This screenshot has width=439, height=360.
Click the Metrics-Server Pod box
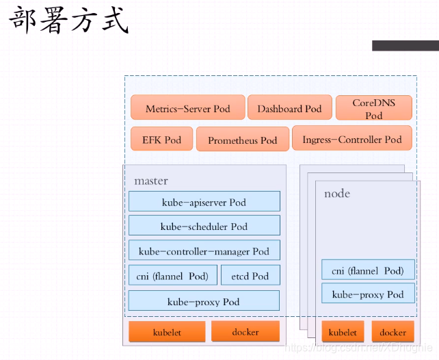[187, 108]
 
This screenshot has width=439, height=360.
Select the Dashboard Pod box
[289, 108]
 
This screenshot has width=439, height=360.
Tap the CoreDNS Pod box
[373, 108]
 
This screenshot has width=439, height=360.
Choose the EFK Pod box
[161, 139]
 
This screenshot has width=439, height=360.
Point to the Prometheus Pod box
[242, 140]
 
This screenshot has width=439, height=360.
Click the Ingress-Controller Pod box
[351, 139]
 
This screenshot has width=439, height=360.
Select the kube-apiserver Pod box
[204, 202]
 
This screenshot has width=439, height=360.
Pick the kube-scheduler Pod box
[204, 226]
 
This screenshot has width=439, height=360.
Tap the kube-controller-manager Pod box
[204, 250]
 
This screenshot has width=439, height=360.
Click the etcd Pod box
[250, 275]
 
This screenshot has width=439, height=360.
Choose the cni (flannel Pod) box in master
[172, 275]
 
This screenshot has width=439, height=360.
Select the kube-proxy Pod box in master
[204, 301]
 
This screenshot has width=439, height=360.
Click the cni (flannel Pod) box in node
[368, 270]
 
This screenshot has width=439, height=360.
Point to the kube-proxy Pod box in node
[368, 294]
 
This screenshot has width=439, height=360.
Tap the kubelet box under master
[167, 333]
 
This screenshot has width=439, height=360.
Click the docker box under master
[245, 332]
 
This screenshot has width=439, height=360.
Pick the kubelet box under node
[343, 333]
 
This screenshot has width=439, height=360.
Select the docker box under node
[393, 333]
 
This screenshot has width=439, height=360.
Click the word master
[151, 181]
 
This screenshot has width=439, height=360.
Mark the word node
[337, 194]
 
